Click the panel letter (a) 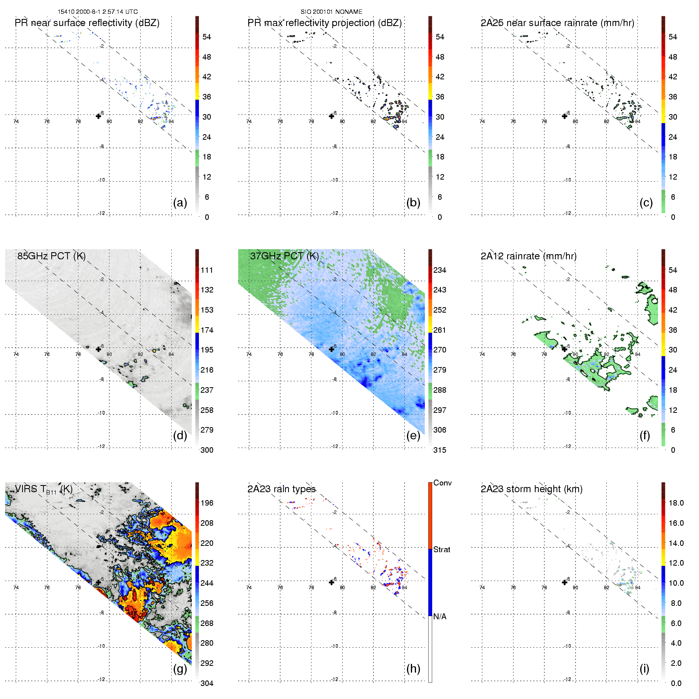180,203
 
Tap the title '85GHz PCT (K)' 51,256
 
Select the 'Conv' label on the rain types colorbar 442,483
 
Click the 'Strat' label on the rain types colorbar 442,550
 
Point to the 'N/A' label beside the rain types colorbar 440,617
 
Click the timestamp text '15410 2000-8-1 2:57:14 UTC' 97,12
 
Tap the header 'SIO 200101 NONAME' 332,12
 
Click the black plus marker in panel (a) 99,116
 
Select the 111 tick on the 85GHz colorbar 207,270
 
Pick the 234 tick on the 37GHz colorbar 440,270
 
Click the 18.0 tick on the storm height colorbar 676,503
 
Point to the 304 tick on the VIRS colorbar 207,684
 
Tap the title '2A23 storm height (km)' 531,489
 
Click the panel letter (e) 413,436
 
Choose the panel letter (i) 645,669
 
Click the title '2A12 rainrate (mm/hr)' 528,256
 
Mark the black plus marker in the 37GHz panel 332,349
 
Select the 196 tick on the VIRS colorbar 207,503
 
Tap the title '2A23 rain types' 281,489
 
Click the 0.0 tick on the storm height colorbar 676,684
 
